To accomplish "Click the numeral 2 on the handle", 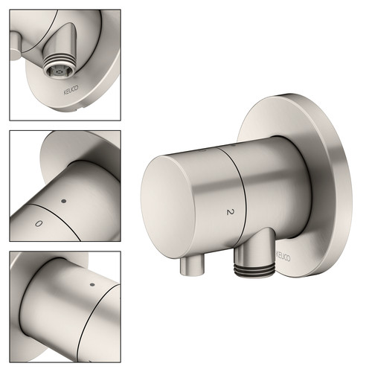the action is click(x=231, y=212).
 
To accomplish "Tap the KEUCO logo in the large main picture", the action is click(x=283, y=257).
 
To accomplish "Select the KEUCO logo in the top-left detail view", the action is click(x=71, y=90).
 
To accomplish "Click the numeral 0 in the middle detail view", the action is click(x=39, y=223).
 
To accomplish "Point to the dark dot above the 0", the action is click(x=64, y=201).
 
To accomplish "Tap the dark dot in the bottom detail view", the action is click(x=92, y=284).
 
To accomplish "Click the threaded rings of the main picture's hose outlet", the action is click(x=255, y=269).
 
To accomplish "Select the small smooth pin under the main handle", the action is click(x=191, y=266).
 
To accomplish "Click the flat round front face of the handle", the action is click(x=168, y=207).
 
